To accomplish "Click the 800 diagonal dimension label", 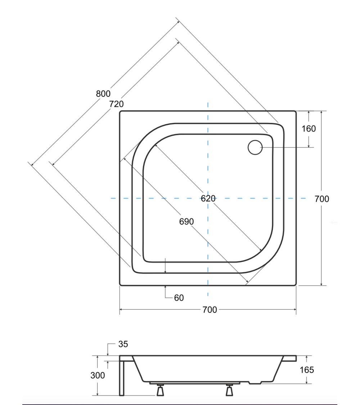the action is point(103,94).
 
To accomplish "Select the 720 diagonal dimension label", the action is point(116,104).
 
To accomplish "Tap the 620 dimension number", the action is point(208,198).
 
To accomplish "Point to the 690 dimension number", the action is point(186,221).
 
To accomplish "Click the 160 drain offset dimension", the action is point(309,129).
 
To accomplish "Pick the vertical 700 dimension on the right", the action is point(322,199).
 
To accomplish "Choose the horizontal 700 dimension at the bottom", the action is point(210,310).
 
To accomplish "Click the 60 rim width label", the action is point(179,298).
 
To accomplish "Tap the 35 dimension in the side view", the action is point(123,344).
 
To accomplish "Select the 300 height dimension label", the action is point(98,375).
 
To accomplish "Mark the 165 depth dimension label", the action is point(307,370).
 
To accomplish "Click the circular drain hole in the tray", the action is point(255,148).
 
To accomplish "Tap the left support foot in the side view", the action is point(160,390).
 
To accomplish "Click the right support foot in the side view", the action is point(229,390).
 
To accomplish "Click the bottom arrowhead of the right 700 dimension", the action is point(321,284).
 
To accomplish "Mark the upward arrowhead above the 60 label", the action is point(165,287).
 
